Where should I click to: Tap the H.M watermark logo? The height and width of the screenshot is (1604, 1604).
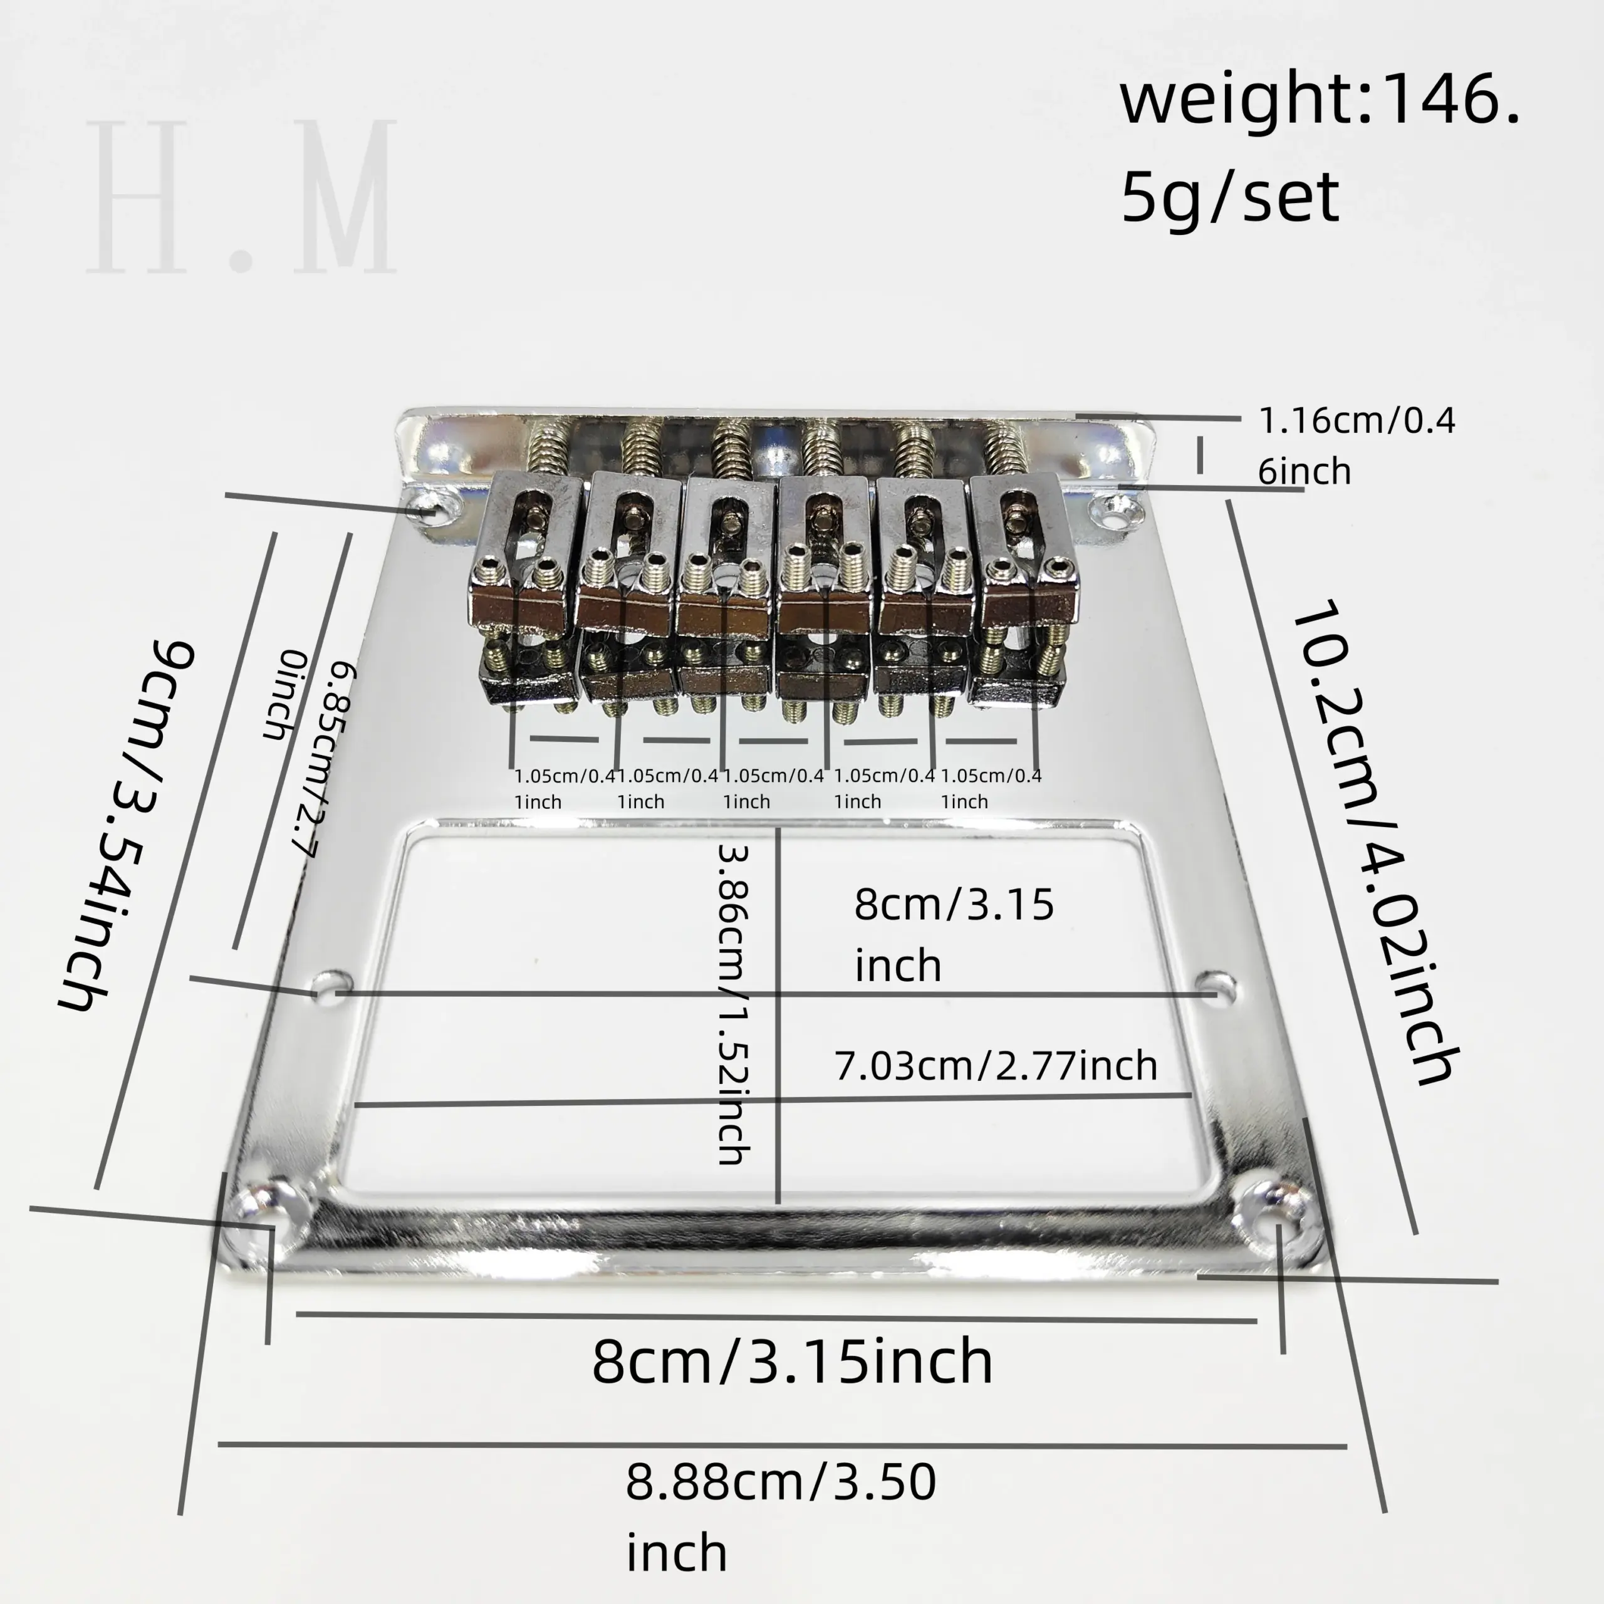(x=241, y=197)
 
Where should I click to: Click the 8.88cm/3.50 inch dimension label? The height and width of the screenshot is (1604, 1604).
(x=781, y=1528)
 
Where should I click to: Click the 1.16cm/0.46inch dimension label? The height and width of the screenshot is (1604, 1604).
(x=1357, y=446)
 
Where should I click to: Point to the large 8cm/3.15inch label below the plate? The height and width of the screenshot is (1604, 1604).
(x=792, y=1362)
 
